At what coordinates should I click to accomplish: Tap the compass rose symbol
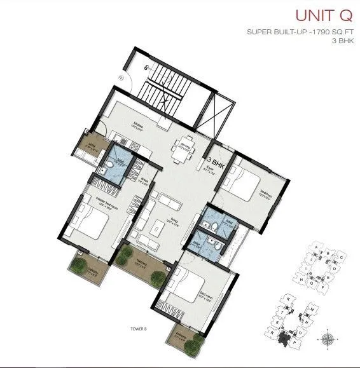pyautogui.click(x=328, y=338)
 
